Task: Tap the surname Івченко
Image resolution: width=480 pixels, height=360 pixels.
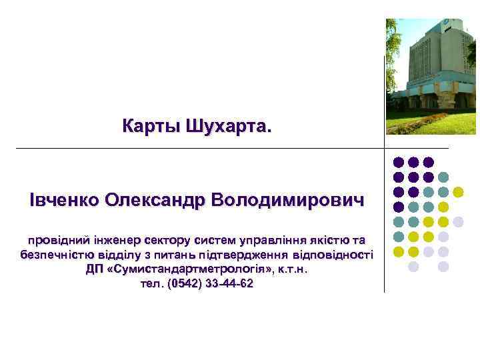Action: click(65, 200)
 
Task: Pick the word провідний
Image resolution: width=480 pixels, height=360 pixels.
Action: click(54, 239)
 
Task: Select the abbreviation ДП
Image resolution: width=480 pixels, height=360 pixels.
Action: click(94, 269)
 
